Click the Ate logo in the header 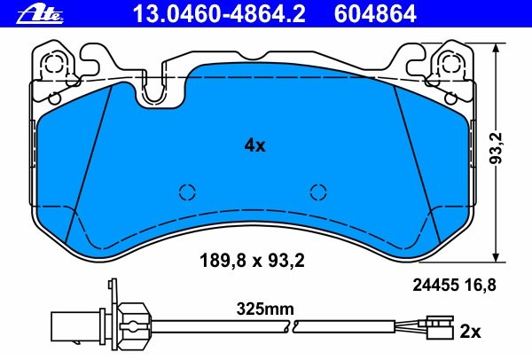(x=40, y=15)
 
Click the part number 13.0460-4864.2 (x=219, y=14)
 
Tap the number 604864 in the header (x=375, y=14)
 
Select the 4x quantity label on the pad (x=254, y=146)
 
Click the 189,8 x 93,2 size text (x=252, y=261)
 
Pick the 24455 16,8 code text (x=454, y=285)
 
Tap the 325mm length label (x=265, y=309)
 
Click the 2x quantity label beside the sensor (x=470, y=332)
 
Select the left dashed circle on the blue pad (x=188, y=192)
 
